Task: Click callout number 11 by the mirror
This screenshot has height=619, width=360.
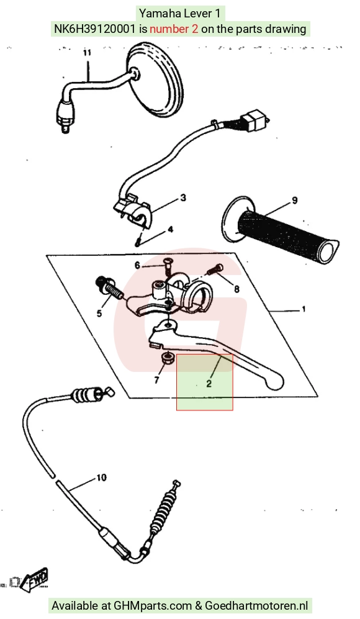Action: click(87, 53)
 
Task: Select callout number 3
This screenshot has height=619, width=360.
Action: click(182, 198)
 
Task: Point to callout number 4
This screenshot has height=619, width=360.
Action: click(170, 229)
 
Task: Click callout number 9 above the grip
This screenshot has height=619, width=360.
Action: click(294, 201)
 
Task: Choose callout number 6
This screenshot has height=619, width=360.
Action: click(137, 265)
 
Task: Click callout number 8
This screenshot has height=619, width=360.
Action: click(237, 289)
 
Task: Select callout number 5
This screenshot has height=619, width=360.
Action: click(99, 314)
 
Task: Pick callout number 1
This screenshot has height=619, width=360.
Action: click(304, 309)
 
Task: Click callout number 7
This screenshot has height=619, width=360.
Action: click(156, 381)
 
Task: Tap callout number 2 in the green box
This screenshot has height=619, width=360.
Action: click(209, 383)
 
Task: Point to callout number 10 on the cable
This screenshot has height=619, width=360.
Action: click(101, 477)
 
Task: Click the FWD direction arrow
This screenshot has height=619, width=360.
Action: click(35, 580)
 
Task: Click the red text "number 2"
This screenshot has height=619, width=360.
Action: click(174, 29)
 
